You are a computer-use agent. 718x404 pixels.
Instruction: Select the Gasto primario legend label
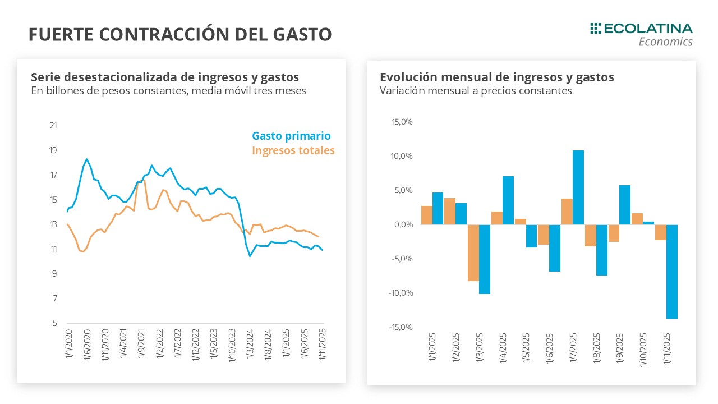(291, 136)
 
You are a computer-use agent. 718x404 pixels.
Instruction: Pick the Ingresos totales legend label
(293, 150)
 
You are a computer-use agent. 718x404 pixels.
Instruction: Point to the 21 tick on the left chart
(53, 125)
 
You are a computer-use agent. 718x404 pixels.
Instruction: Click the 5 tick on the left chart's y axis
(54, 323)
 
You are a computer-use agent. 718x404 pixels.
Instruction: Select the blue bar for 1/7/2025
(578, 187)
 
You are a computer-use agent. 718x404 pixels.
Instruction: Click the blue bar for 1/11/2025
(671, 272)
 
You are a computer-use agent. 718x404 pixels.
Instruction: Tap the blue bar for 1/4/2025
(508, 200)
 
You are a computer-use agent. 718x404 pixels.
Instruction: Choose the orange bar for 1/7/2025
(567, 212)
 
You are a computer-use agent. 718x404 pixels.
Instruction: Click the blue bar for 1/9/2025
(625, 205)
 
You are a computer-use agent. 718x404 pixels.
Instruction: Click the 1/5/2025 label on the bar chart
(526, 349)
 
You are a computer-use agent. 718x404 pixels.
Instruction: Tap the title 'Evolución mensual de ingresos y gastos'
(496, 77)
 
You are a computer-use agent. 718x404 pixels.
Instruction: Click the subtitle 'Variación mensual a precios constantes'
(476, 91)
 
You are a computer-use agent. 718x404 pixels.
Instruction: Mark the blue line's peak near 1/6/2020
(87, 159)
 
